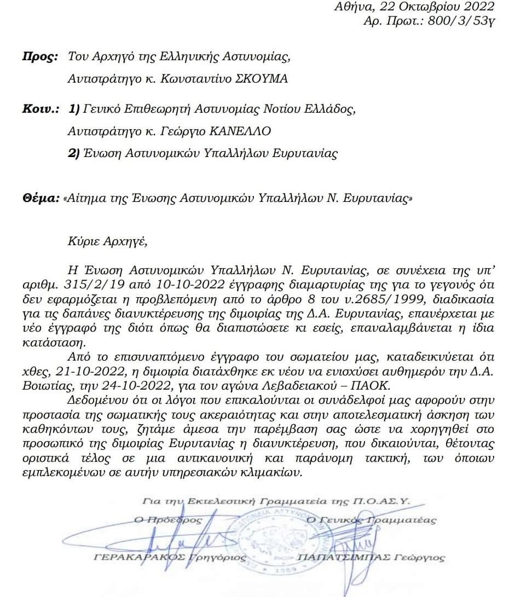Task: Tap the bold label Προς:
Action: [38, 56]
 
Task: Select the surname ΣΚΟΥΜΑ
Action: [261, 79]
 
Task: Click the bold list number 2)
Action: [74, 154]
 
